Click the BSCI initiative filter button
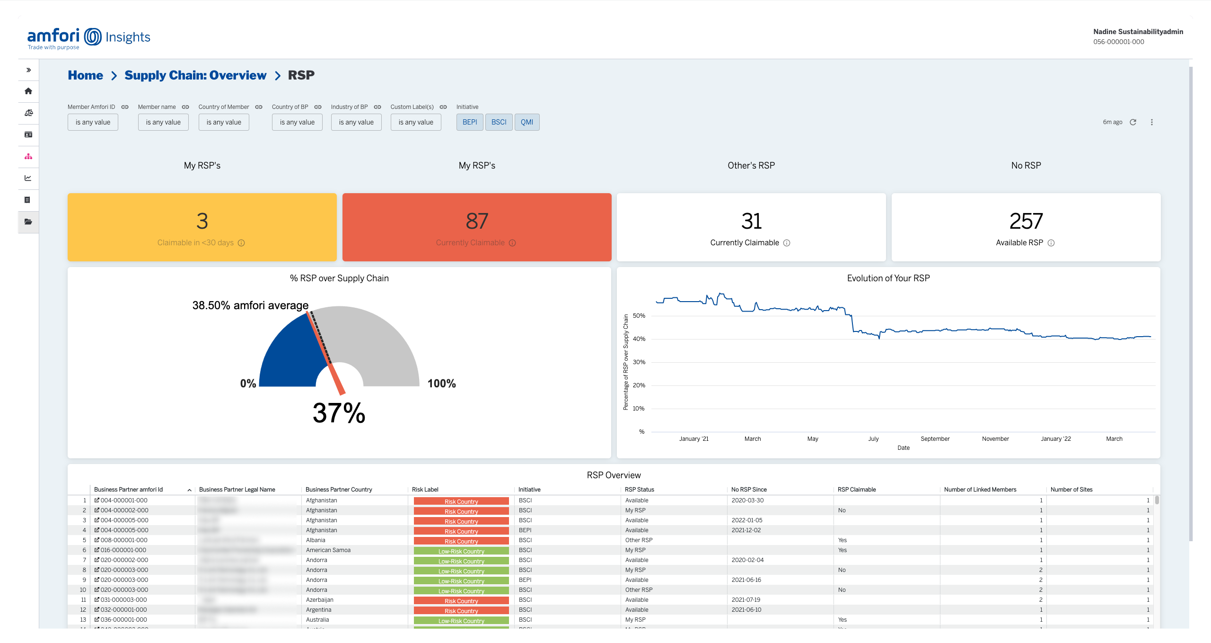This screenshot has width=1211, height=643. click(499, 122)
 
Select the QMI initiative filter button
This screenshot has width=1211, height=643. click(527, 122)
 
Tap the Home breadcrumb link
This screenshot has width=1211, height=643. click(85, 75)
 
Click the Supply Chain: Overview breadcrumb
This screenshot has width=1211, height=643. click(195, 75)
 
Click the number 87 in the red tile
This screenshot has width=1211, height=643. click(476, 221)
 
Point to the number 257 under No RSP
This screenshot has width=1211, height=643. click(1026, 221)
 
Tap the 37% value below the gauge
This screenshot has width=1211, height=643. click(339, 413)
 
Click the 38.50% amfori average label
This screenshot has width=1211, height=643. click(250, 305)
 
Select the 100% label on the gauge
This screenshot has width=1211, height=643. click(441, 384)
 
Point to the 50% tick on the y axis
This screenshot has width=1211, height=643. click(639, 316)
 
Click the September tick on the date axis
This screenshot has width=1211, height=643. click(935, 439)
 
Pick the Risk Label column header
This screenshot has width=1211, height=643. click(425, 490)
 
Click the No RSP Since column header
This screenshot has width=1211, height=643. click(748, 490)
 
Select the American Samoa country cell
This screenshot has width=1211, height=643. click(328, 550)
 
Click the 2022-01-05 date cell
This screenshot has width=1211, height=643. click(746, 520)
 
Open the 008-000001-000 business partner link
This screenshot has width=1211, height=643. click(123, 540)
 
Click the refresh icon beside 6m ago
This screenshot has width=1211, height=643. click(1133, 122)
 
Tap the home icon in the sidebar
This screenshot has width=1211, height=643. click(28, 91)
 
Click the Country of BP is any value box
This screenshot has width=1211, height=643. click(297, 122)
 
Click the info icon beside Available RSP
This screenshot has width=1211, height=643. click(1051, 243)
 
